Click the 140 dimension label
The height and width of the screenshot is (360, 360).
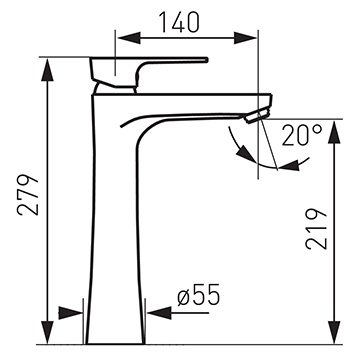click(180, 22)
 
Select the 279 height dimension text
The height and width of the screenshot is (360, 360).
click(28, 195)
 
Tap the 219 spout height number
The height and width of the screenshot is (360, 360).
click(316, 229)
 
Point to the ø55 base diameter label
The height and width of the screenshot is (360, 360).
click(199, 295)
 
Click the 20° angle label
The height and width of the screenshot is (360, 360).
click(302, 135)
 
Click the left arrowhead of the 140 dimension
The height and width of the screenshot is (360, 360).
click(128, 38)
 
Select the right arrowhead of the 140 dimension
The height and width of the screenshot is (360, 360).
click(245, 38)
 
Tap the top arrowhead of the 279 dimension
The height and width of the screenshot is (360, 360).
click(47, 69)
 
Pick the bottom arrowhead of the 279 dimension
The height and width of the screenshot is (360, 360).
click(47, 332)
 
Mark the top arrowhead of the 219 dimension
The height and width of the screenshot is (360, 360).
click(334, 132)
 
